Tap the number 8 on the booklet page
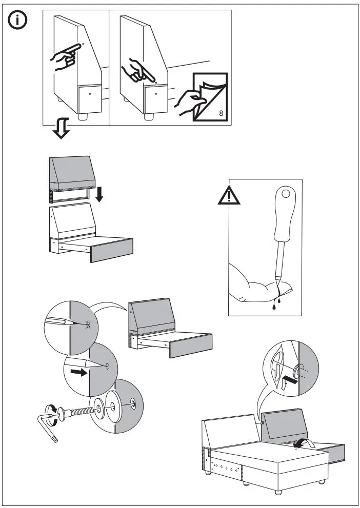point(221,113)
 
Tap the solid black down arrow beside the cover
point(99,194)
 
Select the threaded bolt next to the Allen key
point(77,412)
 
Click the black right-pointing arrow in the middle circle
point(78,371)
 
